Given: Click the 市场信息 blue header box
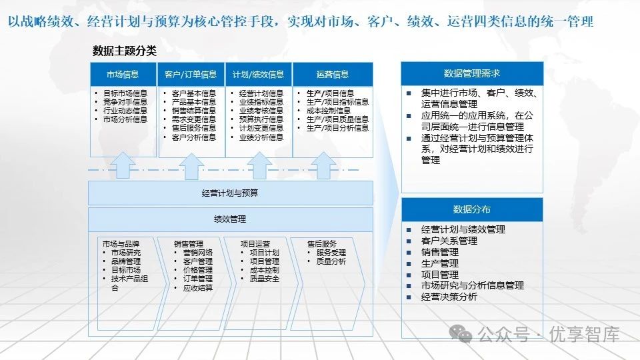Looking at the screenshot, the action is (123, 75).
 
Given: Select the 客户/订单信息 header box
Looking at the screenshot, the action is (191, 75).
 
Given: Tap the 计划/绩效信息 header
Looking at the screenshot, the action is (258, 75).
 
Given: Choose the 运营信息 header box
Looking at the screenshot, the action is (332, 75).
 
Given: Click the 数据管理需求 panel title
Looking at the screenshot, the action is (471, 74).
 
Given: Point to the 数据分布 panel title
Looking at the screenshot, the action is (471, 209).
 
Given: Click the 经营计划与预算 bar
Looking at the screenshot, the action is (230, 193).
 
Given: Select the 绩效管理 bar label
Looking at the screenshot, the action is (230, 219).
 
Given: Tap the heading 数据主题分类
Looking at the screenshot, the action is (125, 51).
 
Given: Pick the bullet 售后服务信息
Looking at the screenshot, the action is (193, 128).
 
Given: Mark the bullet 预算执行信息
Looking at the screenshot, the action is (261, 119).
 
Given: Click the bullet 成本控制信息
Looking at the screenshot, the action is (329, 111).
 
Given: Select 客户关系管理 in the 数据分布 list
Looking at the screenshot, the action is (449, 241).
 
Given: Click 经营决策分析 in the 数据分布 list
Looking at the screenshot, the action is (449, 297).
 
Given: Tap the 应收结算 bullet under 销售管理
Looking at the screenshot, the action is (197, 287).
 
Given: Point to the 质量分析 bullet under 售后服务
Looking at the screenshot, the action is (331, 261).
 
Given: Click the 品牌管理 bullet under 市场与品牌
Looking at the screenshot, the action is (126, 261).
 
